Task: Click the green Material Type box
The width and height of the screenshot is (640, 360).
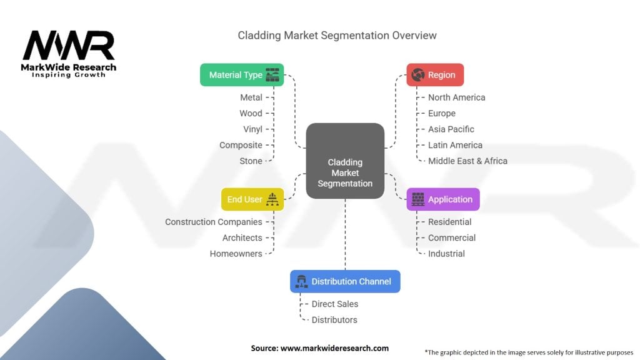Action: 242,75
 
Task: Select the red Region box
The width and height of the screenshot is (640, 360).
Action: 435,75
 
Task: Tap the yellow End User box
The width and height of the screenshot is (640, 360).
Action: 252,199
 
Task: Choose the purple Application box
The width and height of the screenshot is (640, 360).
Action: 443,199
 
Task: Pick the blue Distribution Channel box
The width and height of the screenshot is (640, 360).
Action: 345,281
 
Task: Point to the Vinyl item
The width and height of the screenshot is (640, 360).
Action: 252,129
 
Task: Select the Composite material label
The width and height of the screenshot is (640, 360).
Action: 241,145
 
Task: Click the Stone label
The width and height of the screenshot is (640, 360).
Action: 251,161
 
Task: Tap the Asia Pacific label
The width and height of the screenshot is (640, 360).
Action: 451,129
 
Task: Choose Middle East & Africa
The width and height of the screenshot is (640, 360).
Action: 467,161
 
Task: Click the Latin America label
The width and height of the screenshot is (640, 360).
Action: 455,145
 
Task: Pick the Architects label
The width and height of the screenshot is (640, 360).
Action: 242,237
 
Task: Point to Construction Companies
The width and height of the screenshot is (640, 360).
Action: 214,222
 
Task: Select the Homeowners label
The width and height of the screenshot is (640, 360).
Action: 236,254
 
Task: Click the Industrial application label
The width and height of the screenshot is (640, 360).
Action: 446,254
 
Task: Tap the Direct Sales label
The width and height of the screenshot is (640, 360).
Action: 335,304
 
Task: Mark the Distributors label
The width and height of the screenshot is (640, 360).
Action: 334,320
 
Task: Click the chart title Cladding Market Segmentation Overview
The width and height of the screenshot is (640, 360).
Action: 337,35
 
